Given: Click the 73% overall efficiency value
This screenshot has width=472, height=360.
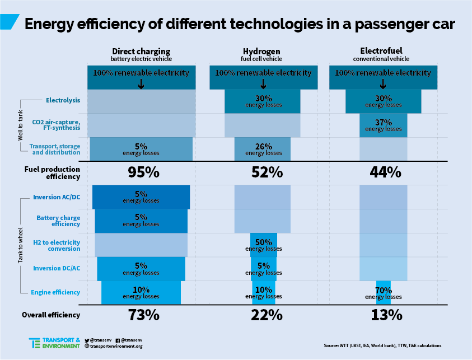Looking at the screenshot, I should [x=144, y=315].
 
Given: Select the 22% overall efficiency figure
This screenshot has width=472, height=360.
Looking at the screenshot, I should [x=267, y=315].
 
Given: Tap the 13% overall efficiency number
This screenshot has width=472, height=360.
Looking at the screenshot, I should [x=386, y=315].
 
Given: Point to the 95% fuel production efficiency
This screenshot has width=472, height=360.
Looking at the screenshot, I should [x=144, y=172].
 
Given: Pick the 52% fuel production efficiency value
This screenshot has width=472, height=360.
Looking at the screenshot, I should [x=267, y=172].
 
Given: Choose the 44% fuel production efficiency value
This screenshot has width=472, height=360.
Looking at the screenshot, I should [x=386, y=172].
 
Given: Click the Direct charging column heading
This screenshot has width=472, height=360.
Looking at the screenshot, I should [x=141, y=51].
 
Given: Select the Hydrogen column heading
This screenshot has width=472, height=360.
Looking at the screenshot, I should [x=262, y=51].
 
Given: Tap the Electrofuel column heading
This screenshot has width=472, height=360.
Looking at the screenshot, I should [x=381, y=51].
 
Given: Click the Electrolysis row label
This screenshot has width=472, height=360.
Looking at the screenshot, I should [x=63, y=101].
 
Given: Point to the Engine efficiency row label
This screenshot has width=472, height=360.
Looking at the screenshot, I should [x=55, y=292].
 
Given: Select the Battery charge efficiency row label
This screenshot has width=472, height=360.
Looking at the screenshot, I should [x=58, y=221].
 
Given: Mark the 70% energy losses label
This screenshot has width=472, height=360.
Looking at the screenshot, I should [x=384, y=293].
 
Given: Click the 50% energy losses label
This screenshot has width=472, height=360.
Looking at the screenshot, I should [x=263, y=245].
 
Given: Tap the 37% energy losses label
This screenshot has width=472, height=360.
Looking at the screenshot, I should [x=384, y=125].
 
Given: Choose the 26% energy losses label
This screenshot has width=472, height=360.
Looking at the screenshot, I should [x=263, y=149].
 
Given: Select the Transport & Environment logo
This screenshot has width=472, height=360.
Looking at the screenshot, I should [x=54, y=343].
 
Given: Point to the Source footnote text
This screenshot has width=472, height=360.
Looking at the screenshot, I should [x=382, y=345].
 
